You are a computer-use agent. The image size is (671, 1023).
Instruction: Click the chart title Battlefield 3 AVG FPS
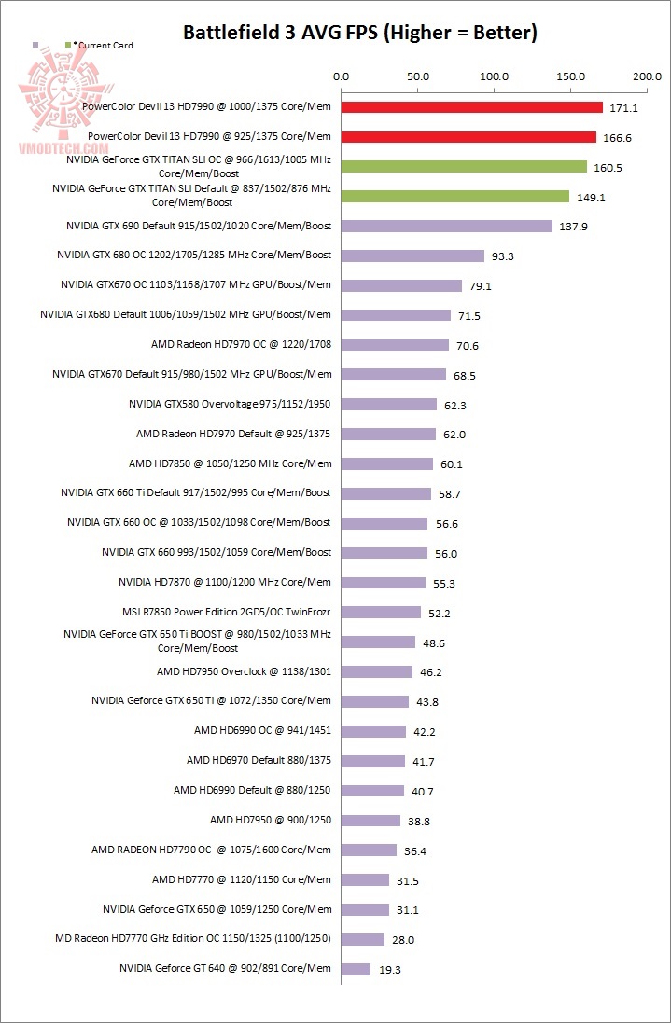point(359,34)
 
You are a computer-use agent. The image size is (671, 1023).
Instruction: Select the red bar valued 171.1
point(471,107)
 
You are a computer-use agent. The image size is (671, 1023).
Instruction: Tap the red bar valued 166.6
point(468,137)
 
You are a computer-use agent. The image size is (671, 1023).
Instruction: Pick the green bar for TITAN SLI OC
point(464,167)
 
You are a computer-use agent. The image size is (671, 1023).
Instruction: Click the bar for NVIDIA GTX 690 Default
point(446,226)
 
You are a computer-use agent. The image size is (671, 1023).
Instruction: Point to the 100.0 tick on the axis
point(493,77)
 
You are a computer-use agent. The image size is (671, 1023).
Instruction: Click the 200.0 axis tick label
point(645,77)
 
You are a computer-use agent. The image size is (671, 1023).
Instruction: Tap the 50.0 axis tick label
point(417,77)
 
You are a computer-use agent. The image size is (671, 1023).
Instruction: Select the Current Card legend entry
point(102,45)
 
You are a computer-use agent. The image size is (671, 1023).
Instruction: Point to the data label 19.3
point(389,970)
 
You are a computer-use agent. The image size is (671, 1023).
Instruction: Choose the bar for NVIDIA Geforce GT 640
point(356,969)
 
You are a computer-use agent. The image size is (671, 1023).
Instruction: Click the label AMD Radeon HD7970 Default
point(233,434)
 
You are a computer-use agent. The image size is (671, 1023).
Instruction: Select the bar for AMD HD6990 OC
point(373,731)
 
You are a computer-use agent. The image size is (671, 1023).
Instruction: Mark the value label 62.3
point(456,405)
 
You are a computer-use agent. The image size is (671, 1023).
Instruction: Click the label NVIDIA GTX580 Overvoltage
point(230,404)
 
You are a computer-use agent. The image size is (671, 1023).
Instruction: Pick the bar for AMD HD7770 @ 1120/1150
point(365,879)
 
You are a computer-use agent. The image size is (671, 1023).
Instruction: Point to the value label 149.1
point(589,197)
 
